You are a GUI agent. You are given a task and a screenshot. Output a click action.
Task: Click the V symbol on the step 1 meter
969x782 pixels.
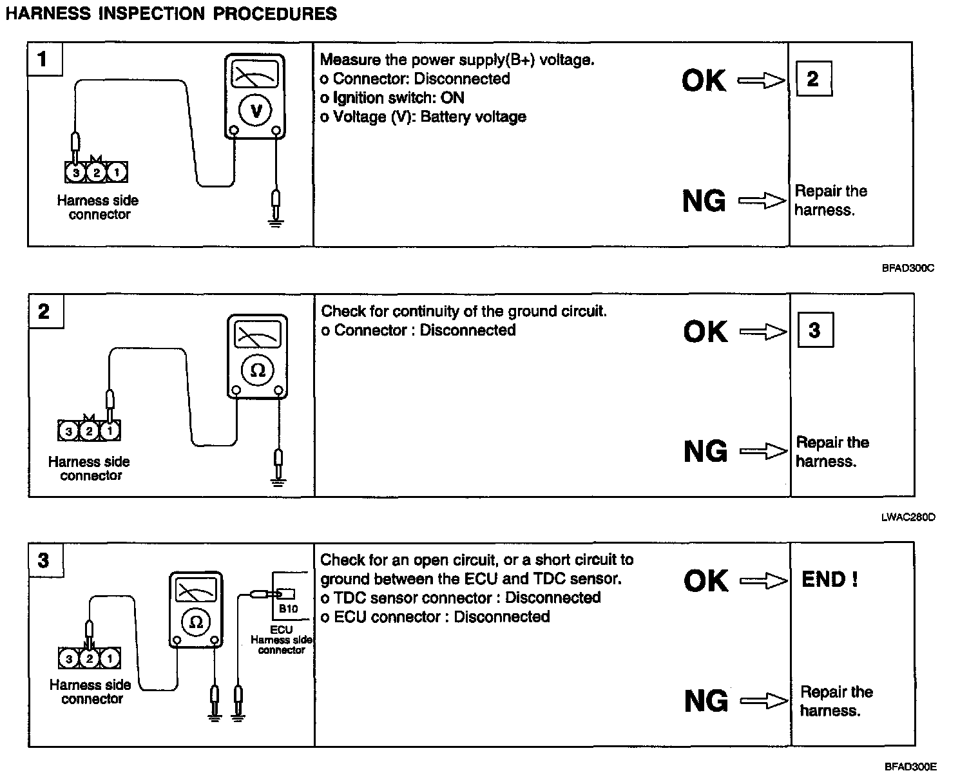(x=256, y=111)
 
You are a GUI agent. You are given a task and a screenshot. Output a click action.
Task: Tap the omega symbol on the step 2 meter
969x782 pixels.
(x=258, y=370)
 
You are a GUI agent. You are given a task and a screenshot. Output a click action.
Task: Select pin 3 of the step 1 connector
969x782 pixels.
(x=76, y=173)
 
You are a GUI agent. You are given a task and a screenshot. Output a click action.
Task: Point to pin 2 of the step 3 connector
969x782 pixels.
(x=90, y=658)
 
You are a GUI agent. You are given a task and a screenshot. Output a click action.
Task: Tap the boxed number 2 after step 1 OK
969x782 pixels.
(x=812, y=79)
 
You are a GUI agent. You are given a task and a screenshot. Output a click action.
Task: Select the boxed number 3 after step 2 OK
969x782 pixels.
(x=814, y=330)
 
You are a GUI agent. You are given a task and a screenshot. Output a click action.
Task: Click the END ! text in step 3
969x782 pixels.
(x=829, y=580)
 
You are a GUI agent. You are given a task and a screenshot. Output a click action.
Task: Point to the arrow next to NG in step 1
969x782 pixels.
(x=762, y=202)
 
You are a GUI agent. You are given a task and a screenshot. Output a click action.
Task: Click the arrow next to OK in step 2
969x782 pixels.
(x=763, y=332)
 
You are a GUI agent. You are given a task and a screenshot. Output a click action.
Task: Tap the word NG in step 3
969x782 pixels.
(x=705, y=701)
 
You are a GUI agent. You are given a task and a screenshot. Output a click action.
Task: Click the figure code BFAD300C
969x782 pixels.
(x=908, y=269)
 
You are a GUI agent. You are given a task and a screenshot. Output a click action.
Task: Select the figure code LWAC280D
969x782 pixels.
(x=908, y=517)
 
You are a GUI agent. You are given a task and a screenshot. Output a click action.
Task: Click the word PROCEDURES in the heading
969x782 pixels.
(x=274, y=14)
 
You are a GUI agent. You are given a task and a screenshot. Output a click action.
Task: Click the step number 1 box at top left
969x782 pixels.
(x=43, y=60)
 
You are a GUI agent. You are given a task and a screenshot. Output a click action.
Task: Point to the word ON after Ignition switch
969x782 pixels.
(x=452, y=98)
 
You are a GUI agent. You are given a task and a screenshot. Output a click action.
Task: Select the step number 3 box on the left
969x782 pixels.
(x=44, y=560)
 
